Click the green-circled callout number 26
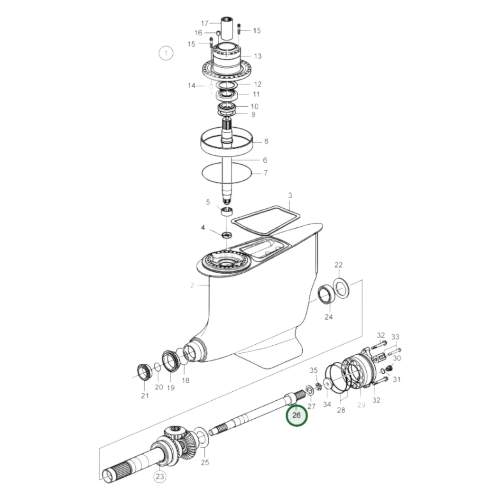297,415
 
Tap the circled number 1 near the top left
166,53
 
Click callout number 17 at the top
205,23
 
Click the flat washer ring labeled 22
341,287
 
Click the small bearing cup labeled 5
227,211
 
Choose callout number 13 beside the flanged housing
258,56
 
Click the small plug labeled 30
389,368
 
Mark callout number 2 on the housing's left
192,285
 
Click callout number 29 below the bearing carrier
361,405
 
